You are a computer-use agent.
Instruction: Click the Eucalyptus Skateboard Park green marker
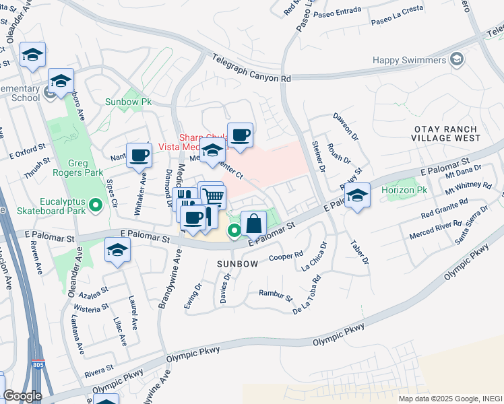pos(96,204)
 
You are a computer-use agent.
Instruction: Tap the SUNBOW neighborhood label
pos(238,264)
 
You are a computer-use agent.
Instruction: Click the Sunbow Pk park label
pos(128,102)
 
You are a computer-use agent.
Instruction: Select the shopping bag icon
pos(253,223)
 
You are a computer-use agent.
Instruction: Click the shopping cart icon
pos(214,195)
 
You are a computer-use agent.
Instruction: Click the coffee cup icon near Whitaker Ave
pos(139,155)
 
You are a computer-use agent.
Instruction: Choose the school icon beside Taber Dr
pos(356,196)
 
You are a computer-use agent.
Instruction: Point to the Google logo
pos(22,395)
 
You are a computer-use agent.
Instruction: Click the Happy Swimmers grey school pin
pos(458,61)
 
